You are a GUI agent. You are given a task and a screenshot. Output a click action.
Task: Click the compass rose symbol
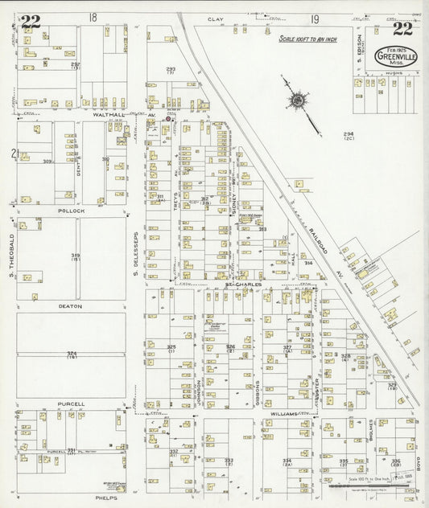(299, 101)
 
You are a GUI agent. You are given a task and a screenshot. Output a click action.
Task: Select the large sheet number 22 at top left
(31, 22)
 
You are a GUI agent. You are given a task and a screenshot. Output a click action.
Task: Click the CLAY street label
(215, 18)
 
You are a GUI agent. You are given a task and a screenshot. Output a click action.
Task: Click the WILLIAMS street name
(283, 412)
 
